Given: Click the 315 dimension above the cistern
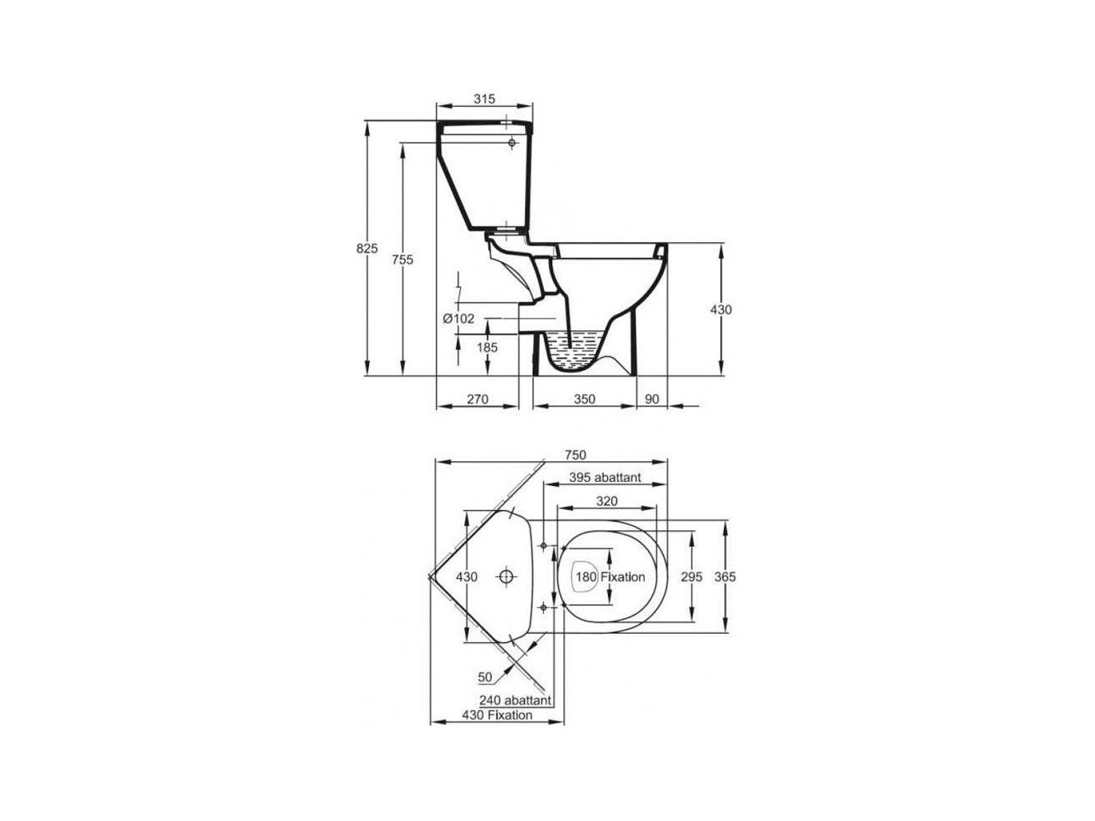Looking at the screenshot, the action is [484, 99].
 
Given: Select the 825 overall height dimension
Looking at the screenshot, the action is [366, 248].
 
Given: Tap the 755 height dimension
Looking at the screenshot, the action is [402, 259].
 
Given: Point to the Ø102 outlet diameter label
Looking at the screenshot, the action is [458, 318].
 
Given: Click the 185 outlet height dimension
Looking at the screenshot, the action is [487, 347].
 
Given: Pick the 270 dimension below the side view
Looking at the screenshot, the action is [477, 399].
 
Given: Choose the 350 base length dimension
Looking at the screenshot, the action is [584, 399].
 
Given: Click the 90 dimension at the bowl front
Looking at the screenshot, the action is [652, 399].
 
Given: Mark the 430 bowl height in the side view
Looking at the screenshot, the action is [721, 310].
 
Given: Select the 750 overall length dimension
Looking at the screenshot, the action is [575, 455].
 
